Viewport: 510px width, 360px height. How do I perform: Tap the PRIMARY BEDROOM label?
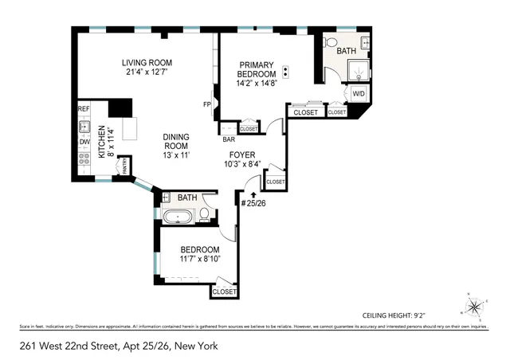click(x=255, y=69)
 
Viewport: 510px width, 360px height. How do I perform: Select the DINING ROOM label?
click(x=175, y=141)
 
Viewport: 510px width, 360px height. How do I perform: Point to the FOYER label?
click(x=242, y=155)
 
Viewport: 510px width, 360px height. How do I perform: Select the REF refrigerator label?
click(x=83, y=108)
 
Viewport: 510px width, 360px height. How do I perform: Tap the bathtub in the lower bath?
click(x=178, y=215)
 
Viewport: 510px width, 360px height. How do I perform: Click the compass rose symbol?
click(x=475, y=305)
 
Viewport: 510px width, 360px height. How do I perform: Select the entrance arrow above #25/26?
click(x=253, y=194)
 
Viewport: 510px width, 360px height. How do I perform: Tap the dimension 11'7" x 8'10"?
click(x=190, y=259)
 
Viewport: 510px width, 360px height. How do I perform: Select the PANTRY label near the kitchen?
click(x=124, y=166)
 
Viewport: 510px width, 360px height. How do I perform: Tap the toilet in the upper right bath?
click(x=333, y=41)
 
